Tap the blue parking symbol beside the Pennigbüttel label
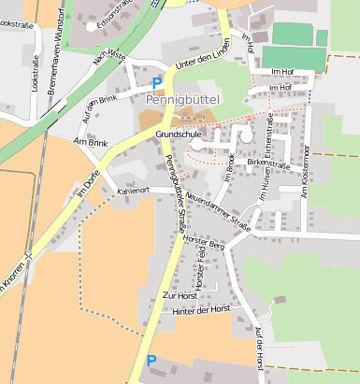pyautogui.click(x=157, y=83)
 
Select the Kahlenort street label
pyautogui.click(x=134, y=191)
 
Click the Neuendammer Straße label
pyautogui.click(x=218, y=210)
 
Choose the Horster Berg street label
pyautogui.click(x=206, y=244)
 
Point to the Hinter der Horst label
pyautogui.click(x=201, y=309)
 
